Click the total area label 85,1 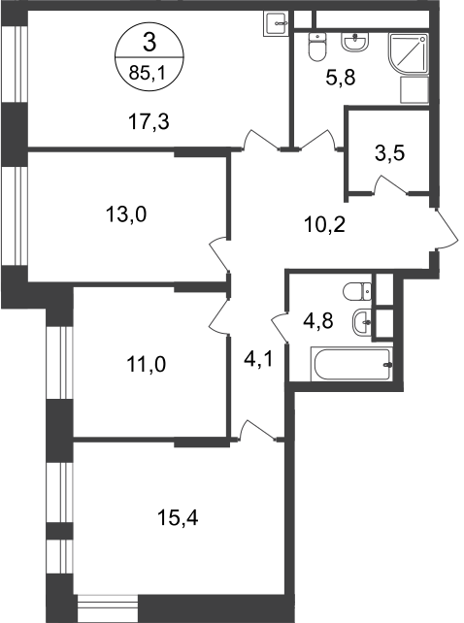tap(149, 73)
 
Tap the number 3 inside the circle tap(149, 43)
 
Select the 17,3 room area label tap(149, 121)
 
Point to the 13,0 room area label tap(126, 214)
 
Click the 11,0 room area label tap(146, 364)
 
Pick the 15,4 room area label tap(178, 517)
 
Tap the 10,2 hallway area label tap(325, 225)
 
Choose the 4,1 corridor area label tap(258, 360)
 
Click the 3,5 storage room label tap(389, 153)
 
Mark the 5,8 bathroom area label tap(341, 77)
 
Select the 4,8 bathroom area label tap(318, 321)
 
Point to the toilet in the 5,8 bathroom tap(317, 47)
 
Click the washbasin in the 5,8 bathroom tap(355, 42)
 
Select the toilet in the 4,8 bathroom tap(357, 291)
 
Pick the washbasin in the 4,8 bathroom tap(361, 321)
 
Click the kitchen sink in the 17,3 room tap(275, 24)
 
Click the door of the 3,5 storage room tap(390, 185)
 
